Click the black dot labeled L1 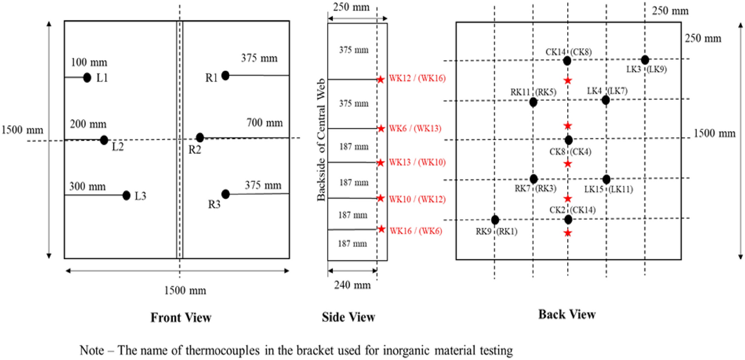[87, 78]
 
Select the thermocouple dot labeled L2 [104, 140]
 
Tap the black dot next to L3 [126, 195]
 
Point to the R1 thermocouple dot [225, 75]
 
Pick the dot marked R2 [200, 137]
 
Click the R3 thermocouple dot [226, 194]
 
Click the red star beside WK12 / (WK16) [380, 79]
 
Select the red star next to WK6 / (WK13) [380, 128]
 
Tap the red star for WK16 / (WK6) [380, 229]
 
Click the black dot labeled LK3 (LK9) [645, 60]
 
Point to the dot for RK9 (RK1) [495, 219]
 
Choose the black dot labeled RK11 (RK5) [533, 102]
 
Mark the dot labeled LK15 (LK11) [606, 179]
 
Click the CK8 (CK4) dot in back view [569, 140]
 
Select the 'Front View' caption [181, 317]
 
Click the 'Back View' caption [567, 315]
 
